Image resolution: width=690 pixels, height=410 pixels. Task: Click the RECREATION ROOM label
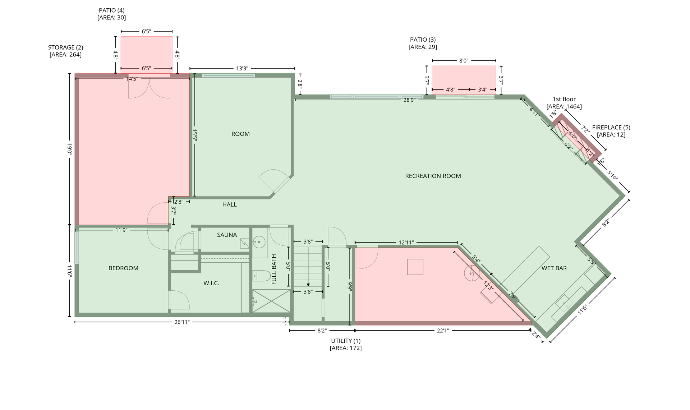tap(433, 176)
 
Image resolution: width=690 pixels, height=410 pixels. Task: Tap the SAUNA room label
tap(227, 235)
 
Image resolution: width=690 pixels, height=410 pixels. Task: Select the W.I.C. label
tap(211, 283)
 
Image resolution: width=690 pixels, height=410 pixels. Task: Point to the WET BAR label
tap(554, 268)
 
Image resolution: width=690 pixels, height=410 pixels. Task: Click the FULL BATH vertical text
tap(274, 270)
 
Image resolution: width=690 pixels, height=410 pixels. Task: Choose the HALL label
tap(229, 204)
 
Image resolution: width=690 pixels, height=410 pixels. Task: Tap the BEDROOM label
tap(123, 268)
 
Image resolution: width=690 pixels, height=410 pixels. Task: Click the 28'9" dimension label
tap(409, 100)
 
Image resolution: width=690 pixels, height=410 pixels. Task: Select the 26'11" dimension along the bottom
tap(182, 322)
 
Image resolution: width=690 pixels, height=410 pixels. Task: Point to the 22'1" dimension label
tap(443, 331)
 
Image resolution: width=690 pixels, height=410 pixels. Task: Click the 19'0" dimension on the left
tap(70, 149)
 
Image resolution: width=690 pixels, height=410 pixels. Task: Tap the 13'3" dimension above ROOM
tap(242, 68)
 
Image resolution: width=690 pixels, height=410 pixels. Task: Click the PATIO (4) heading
tap(112, 10)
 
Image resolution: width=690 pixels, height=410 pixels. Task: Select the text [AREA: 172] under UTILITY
tap(346, 348)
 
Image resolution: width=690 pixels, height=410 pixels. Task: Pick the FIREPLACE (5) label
tap(611, 127)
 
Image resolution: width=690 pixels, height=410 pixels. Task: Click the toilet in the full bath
tap(261, 276)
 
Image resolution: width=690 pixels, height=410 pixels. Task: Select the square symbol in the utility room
tap(415, 267)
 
